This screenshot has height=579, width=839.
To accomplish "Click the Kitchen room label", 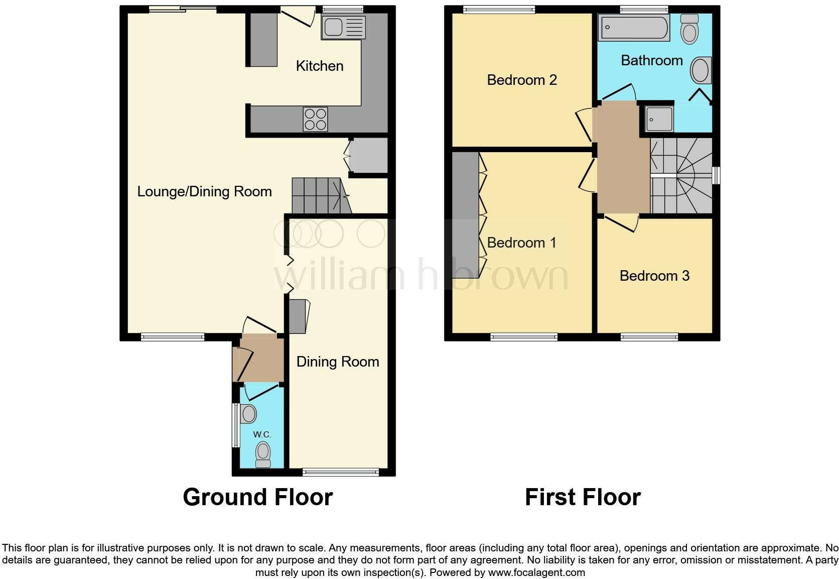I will point(320,66).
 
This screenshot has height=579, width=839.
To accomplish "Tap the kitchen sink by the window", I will point(344,27).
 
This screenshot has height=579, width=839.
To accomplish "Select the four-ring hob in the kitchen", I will point(315,119).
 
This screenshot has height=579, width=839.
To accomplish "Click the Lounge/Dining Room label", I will point(204,191).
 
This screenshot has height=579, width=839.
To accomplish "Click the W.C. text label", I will point(262,434).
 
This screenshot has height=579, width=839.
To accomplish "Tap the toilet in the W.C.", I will point(263,454).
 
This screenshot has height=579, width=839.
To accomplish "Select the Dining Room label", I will point(337,362).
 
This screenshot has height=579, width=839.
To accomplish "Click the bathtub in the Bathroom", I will point(634,27).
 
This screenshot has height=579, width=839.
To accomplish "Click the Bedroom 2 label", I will point(522,80).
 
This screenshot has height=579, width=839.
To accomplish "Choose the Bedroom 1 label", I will point(521,243).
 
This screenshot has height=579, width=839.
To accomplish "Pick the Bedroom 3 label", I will point(654,276).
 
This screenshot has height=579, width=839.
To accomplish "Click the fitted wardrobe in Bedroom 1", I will point(465,215).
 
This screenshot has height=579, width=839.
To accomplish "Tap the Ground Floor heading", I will point(257,497).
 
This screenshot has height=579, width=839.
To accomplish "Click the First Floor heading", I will point(582,497).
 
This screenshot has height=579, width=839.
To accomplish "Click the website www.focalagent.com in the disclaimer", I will point(536,572).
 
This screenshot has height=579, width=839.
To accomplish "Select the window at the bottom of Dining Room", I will point(341,472).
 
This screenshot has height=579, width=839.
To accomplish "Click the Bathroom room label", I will point(651,60).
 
